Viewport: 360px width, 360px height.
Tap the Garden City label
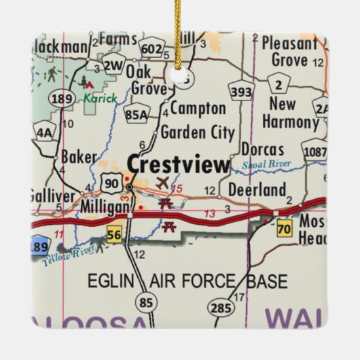click(x=197, y=132)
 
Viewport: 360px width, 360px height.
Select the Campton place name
click(x=198, y=109)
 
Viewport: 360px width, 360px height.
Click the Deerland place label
click(x=256, y=190)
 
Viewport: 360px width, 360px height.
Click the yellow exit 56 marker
click(x=114, y=234)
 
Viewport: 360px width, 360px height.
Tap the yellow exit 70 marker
click(x=284, y=230)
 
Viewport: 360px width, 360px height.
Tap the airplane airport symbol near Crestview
click(x=162, y=183)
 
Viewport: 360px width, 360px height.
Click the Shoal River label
click(x=266, y=165)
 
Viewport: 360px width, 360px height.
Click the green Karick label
click(x=100, y=98)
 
